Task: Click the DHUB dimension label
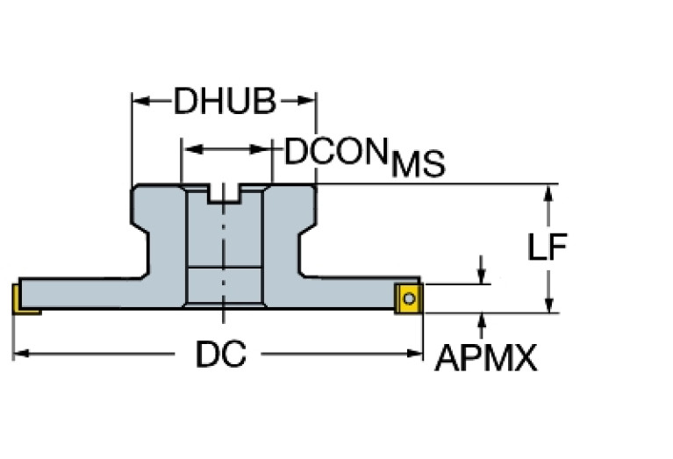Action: [x=225, y=102]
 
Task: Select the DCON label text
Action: [x=335, y=153]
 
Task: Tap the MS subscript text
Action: [x=418, y=165]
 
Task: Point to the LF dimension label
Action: [x=547, y=248]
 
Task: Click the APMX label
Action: [x=486, y=357]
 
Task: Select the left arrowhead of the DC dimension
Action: [x=20, y=354]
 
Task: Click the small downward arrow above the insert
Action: [x=481, y=276]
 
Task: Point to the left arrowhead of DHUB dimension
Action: [x=139, y=102]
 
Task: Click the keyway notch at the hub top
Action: [x=226, y=194]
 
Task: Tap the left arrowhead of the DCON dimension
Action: [x=188, y=149]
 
